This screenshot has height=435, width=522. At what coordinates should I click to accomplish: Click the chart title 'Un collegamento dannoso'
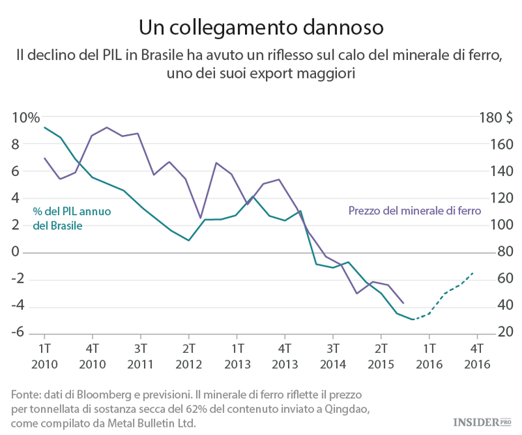pyautogui.click(x=260, y=27)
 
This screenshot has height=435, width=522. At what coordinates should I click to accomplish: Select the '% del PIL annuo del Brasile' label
pyautogui.click(x=72, y=219)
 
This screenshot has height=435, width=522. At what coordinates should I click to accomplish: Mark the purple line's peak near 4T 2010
pyautogui.click(x=106, y=127)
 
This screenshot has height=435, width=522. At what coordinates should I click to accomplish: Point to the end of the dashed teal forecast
pyautogui.click(x=474, y=272)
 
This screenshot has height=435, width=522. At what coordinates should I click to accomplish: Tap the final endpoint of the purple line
pyautogui.click(x=404, y=303)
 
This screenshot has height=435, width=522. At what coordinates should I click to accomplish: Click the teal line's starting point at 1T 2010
pyautogui.click(x=45, y=127)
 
